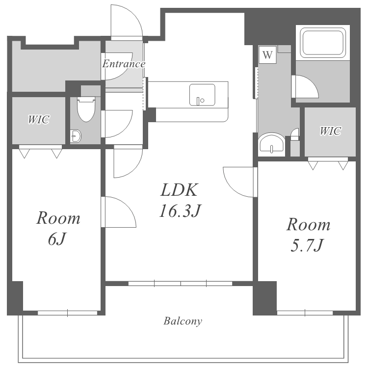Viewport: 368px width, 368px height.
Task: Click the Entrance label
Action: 124,64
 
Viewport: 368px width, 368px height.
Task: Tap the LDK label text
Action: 179,190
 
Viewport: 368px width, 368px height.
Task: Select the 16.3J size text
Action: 180,211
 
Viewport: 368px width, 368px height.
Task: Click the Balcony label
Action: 183,321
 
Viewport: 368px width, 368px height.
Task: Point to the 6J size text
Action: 57,239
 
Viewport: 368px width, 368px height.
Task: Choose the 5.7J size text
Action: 307,245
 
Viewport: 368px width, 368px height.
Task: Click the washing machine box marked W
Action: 267,55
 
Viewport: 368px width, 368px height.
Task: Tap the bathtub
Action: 323,43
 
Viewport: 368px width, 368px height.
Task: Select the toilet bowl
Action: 86,108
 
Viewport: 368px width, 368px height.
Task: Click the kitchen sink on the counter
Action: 202,95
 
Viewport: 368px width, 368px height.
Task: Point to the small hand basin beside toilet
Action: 76,135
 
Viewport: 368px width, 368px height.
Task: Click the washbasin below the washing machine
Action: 271,145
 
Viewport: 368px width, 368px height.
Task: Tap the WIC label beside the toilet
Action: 39,119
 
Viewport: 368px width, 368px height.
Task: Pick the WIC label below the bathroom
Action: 330,131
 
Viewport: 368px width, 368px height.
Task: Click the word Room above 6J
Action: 58,218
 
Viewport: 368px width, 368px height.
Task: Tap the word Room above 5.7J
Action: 308,225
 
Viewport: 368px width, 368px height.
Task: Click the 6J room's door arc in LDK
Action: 128,206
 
